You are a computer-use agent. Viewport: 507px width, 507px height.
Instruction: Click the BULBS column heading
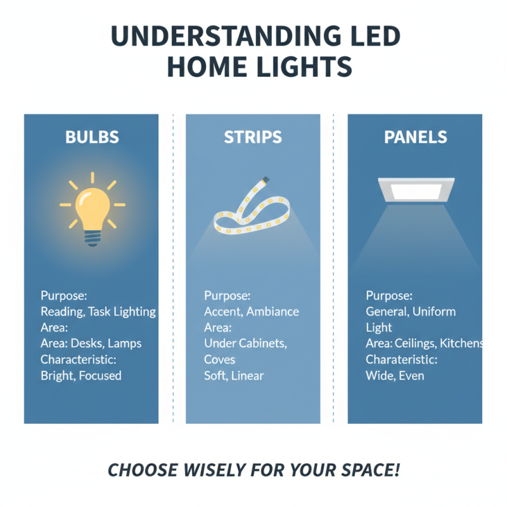[x=92, y=138]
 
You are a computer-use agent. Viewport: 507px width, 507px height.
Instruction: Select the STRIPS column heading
[x=253, y=138]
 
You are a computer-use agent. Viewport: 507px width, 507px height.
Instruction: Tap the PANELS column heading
[x=415, y=138]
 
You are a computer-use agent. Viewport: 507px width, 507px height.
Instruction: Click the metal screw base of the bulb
[x=93, y=239]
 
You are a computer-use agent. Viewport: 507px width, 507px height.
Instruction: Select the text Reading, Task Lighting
[x=98, y=311]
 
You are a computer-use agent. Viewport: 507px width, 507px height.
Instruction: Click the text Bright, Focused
[x=80, y=375]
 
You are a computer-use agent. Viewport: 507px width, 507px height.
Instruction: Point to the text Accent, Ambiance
[x=251, y=311]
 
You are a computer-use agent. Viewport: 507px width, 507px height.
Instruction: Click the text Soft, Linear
[x=234, y=375]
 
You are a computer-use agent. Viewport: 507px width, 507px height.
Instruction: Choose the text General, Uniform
[x=411, y=311]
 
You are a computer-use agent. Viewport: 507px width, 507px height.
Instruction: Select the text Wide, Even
[x=395, y=375]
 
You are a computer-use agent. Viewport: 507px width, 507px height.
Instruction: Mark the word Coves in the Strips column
[x=220, y=359]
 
